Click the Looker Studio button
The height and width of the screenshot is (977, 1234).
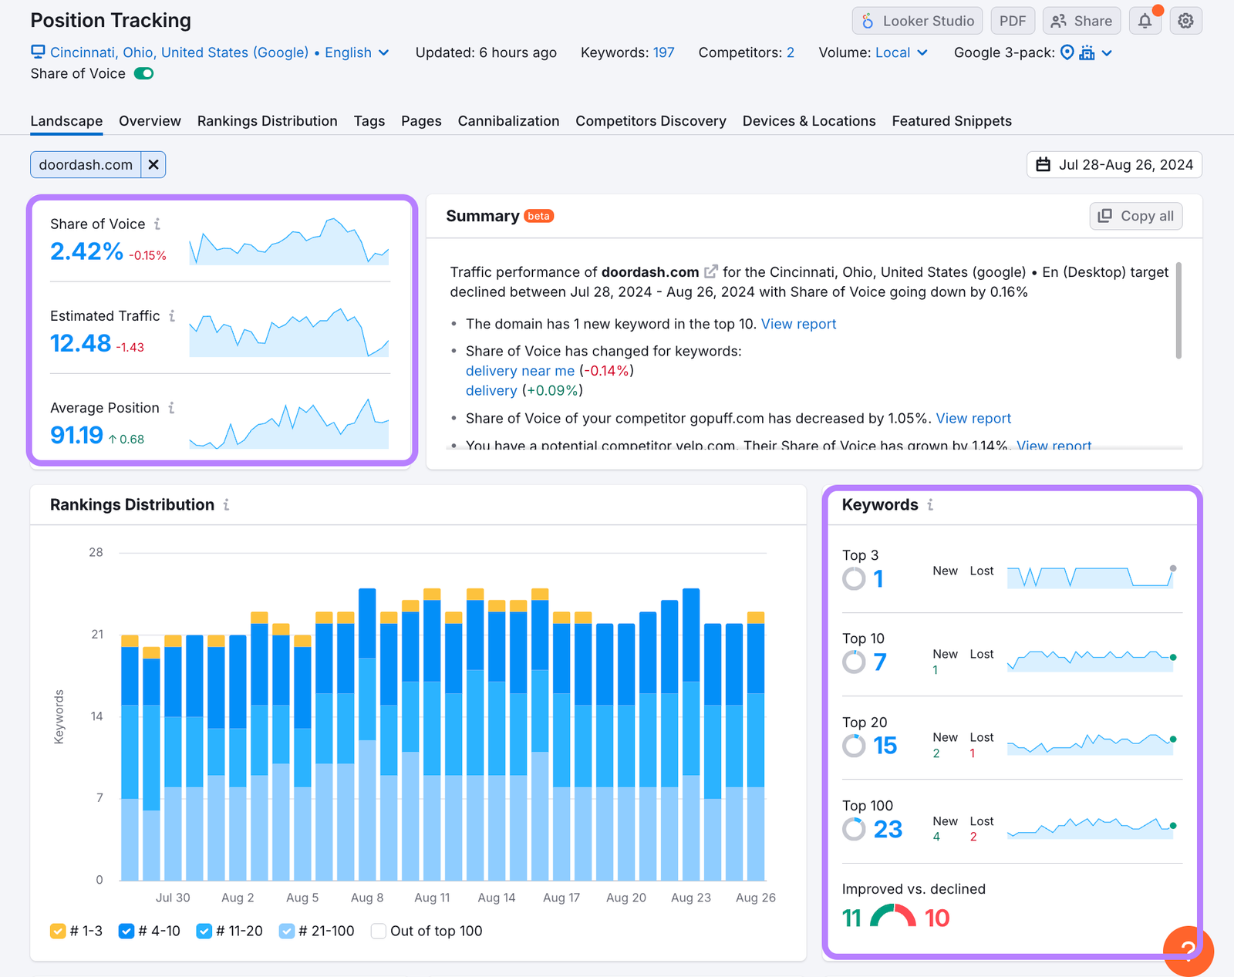(x=917, y=21)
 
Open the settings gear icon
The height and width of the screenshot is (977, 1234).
(x=1185, y=21)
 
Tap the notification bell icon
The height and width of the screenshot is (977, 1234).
(x=1145, y=21)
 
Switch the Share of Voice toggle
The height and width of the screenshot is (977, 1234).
(x=144, y=74)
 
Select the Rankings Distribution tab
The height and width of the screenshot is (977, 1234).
(x=267, y=121)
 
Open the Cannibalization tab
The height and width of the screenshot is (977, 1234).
(x=508, y=121)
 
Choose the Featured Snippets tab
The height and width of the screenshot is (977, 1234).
(x=952, y=121)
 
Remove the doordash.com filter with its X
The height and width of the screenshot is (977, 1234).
(x=153, y=165)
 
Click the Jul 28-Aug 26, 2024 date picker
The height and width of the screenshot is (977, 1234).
(x=1114, y=165)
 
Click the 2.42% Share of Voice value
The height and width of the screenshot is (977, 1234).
(x=86, y=251)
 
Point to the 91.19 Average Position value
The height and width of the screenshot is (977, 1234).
(x=76, y=436)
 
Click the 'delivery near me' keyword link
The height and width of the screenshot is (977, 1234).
(x=520, y=371)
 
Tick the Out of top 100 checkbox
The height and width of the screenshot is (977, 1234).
(x=379, y=932)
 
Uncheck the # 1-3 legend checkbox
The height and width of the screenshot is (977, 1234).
(x=58, y=932)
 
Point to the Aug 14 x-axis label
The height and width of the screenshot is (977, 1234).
(x=497, y=898)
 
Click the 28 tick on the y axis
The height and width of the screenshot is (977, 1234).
(x=96, y=552)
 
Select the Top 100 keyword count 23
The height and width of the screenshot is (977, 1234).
(x=888, y=829)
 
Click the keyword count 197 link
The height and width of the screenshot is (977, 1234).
(x=663, y=52)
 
